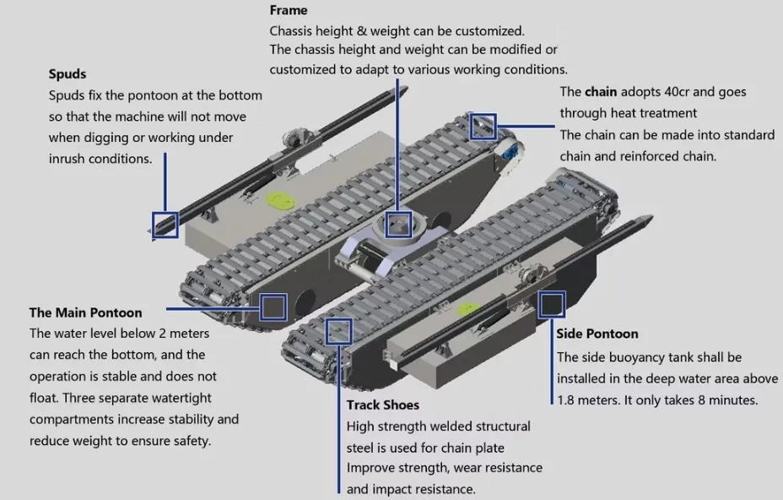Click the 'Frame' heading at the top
(x=289, y=10)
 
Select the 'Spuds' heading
(x=67, y=73)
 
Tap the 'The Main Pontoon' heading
(x=86, y=312)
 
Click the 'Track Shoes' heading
(x=382, y=405)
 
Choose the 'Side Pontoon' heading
(x=597, y=334)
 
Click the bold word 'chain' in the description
(x=601, y=91)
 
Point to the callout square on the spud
(x=165, y=224)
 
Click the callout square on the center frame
(x=397, y=225)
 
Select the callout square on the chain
(x=483, y=125)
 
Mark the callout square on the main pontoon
(x=273, y=306)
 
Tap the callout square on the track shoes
(x=338, y=331)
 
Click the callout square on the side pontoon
(x=551, y=304)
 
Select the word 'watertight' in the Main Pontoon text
(x=181, y=397)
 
